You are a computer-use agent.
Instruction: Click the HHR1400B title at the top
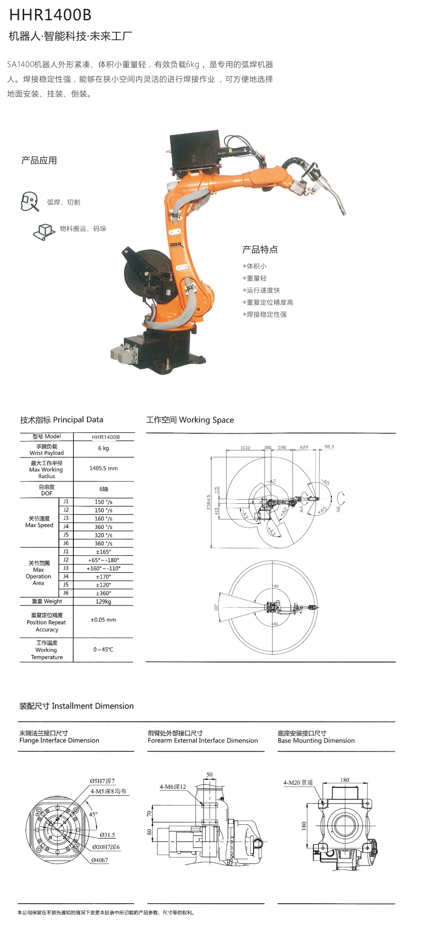[50, 15]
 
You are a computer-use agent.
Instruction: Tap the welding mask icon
[29, 201]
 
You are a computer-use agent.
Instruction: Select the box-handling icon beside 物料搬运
[44, 231]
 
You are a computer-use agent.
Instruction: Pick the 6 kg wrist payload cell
[104, 449]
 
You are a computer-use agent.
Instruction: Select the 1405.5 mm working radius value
[104, 468]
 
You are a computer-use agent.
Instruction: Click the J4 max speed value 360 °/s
[104, 527]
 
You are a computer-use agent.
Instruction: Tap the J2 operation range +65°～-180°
[104, 560]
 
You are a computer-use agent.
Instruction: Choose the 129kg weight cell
[104, 602]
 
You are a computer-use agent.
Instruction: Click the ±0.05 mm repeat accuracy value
[104, 620]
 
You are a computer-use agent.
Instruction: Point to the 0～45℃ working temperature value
[104, 649]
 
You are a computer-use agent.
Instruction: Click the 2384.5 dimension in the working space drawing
[209, 502]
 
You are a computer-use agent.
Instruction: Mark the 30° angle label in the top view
[216, 607]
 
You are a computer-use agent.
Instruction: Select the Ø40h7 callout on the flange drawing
[100, 860]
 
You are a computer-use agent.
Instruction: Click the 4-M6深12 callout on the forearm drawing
[173, 787]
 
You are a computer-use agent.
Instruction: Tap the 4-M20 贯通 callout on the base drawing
[298, 783]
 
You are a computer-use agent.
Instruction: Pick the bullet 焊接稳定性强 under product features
[266, 314]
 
